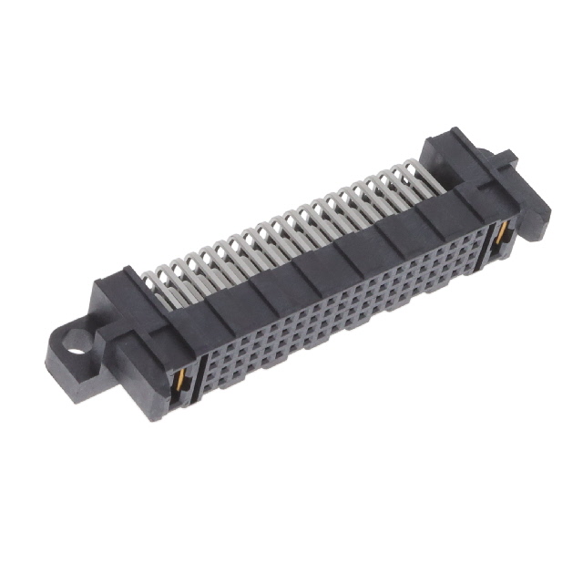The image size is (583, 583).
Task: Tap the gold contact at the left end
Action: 186,381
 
